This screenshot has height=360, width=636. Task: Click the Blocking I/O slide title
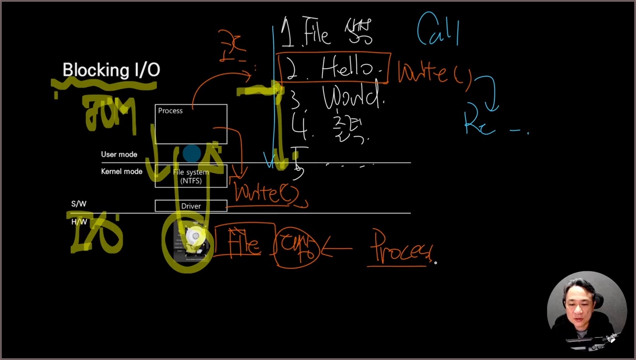tap(111, 70)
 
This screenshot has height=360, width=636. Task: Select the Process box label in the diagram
tap(170, 111)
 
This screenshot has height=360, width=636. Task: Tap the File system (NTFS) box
tap(191, 177)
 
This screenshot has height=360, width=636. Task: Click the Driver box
tap(191, 206)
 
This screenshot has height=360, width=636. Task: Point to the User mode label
tap(119, 154)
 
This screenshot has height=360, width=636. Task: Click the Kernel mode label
tap(121, 172)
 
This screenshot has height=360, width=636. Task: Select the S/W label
tap(78, 204)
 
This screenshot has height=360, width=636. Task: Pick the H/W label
tap(79, 222)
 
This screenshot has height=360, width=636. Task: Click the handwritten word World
tap(353, 98)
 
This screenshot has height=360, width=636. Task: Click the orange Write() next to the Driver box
tap(266, 192)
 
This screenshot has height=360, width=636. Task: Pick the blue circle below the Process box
tap(191, 153)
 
